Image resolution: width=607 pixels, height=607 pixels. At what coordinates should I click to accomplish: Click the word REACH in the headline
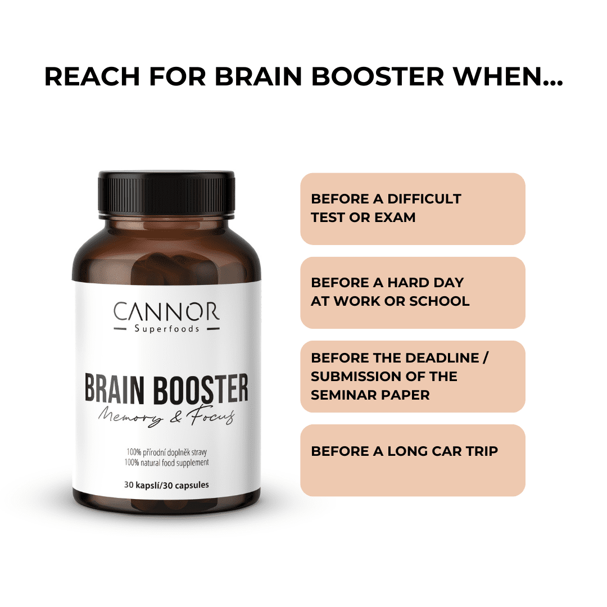92,76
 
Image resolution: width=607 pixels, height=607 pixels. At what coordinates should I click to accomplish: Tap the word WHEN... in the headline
508,76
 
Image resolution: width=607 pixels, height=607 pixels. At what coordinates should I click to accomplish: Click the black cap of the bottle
166,192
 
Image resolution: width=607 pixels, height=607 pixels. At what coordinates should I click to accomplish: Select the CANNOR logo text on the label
166,311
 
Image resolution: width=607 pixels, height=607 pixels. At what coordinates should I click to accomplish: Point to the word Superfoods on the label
167,329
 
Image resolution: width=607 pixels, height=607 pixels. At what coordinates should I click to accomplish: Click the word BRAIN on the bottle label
114,389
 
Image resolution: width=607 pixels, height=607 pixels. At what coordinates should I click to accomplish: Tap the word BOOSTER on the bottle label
201,389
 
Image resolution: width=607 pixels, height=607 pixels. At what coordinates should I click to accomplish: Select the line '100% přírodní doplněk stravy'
166,452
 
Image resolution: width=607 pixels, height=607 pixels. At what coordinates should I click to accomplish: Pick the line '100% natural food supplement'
166,463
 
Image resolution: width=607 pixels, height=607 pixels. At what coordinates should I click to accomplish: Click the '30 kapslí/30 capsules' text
166,484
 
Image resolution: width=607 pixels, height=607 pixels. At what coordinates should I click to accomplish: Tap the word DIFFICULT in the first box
424,199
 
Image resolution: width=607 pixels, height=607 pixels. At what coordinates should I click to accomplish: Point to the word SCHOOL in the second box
440,301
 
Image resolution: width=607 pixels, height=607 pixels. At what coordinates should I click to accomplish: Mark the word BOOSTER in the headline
378,76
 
